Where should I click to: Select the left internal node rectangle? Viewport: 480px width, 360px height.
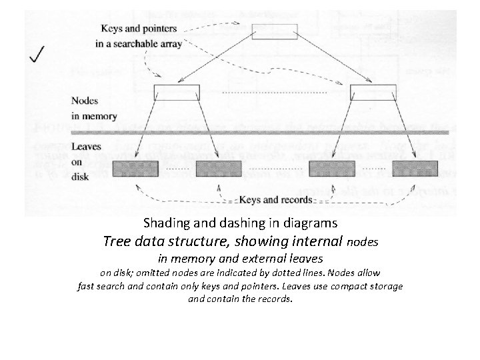pyautogui.click(x=177, y=91)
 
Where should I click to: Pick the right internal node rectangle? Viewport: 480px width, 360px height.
pyautogui.click(x=373, y=91)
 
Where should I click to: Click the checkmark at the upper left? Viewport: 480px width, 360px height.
pyautogui.click(x=37, y=54)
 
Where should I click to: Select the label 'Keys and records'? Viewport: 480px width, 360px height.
pyautogui.click(x=276, y=199)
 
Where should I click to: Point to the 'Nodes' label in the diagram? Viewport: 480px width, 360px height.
pyautogui.click(x=85, y=103)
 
